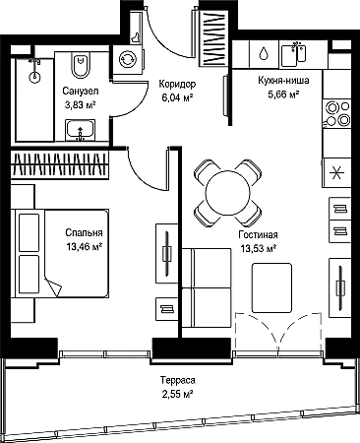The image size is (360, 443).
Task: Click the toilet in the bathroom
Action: [80, 65]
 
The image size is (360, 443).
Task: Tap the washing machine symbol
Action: [126, 59]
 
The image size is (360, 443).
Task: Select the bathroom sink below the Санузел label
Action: [81, 130]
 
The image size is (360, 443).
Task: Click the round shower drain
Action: [34, 78]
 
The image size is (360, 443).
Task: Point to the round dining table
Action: [227, 193]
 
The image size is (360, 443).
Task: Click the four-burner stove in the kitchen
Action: [336, 113]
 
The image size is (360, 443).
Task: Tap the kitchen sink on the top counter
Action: [294, 53]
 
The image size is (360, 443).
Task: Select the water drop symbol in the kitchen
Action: [264, 53]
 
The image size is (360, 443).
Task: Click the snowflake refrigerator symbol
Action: [335, 173]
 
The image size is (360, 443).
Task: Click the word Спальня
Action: [84, 232]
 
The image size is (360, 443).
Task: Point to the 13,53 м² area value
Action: [258, 249]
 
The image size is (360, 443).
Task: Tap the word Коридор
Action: [177, 85]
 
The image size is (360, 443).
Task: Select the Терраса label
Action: [178, 381]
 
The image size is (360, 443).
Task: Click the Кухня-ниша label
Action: [283, 81]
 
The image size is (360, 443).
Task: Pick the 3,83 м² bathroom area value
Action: [81, 104]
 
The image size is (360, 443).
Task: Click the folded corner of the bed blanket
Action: [52, 286]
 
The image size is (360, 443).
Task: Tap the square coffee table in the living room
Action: [271, 287]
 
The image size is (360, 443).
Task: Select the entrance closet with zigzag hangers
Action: [214, 38]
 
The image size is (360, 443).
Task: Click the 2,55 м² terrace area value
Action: [177, 394]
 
